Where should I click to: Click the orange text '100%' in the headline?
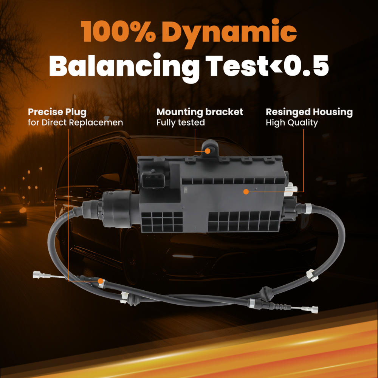(x=118, y=32)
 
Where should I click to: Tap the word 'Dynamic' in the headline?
(x=229, y=34)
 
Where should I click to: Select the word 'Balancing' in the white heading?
(x=124, y=68)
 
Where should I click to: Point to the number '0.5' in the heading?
(x=306, y=65)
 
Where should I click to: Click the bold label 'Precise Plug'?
(x=57, y=112)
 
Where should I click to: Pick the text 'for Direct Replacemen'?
(x=75, y=122)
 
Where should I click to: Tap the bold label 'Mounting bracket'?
(x=200, y=112)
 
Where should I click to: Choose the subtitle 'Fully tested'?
(x=181, y=123)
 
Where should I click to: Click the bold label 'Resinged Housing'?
(x=309, y=112)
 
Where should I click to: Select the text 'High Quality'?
(x=292, y=123)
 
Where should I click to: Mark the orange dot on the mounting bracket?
(x=208, y=151)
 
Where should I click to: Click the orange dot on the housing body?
(x=246, y=192)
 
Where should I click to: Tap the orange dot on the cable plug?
(x=101, y=281)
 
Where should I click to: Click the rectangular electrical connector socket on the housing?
(x=153, y=180)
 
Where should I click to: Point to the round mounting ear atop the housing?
(x=210, y=147)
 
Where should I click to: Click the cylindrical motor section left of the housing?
(x=118, y=209)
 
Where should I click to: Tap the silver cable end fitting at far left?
(x=39, y=274)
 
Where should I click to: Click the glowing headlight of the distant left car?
(x=23, y=210)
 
